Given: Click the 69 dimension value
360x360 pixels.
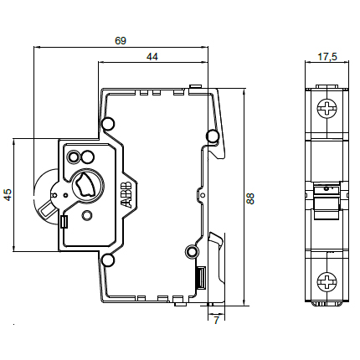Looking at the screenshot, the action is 121,41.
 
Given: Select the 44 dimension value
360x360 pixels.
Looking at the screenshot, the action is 152,57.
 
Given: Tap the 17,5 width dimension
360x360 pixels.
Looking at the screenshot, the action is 327,57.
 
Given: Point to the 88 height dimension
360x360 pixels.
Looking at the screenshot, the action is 251,198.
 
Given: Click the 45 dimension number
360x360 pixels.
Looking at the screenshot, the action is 8,194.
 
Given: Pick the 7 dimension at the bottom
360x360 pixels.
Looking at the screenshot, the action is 216,320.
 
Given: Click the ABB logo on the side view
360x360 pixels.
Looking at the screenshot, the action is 126,195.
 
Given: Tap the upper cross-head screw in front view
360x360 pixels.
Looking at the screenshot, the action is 327,108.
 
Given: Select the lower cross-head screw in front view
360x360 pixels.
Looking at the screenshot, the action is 327,280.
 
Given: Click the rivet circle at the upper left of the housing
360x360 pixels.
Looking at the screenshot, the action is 108,124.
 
